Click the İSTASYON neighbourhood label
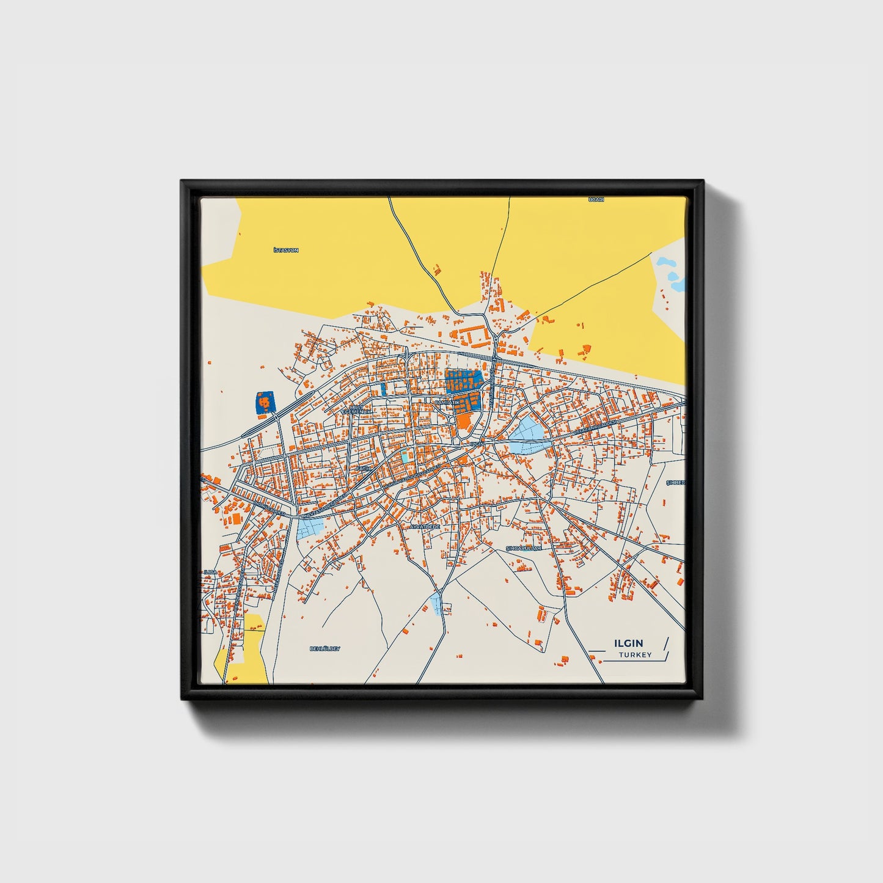click(x=286, y=251)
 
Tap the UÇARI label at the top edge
click(x=596, y=200)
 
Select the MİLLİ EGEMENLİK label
click(x=356, y=409)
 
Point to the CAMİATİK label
click(x=446, y=402)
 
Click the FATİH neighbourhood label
click(x=364, y=469)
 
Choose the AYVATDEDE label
click(x=425, y=526)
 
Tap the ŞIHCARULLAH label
click(x=524, y=548)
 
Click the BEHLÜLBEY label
click(x=324, y=648)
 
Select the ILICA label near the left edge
click(x=210, y=572)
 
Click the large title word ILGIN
click(x=628, y=643)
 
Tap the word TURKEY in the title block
click(x=635, y=655)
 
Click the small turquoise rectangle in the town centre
click(x=405, y=456)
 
